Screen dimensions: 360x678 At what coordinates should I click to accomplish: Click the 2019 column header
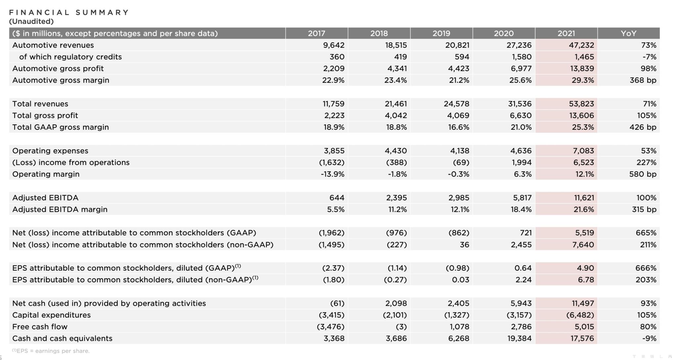click(441, 33)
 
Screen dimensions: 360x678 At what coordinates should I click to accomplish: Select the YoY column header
click(628, 33)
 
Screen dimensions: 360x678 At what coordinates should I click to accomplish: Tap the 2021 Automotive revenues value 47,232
click(581, 45)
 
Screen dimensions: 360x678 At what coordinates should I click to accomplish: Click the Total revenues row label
click(40, 104)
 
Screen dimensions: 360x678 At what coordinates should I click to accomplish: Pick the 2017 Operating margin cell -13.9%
click(332, 174)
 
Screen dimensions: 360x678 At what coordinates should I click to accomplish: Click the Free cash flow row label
click(40, 327)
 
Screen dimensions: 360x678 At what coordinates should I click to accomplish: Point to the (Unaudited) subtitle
click(31, 22)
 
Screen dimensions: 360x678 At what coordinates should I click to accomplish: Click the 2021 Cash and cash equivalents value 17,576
click(581, 338)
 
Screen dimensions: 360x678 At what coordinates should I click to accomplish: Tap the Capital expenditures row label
click(51, 315)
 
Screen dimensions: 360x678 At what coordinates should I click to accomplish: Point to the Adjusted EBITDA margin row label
click(60, 209)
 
